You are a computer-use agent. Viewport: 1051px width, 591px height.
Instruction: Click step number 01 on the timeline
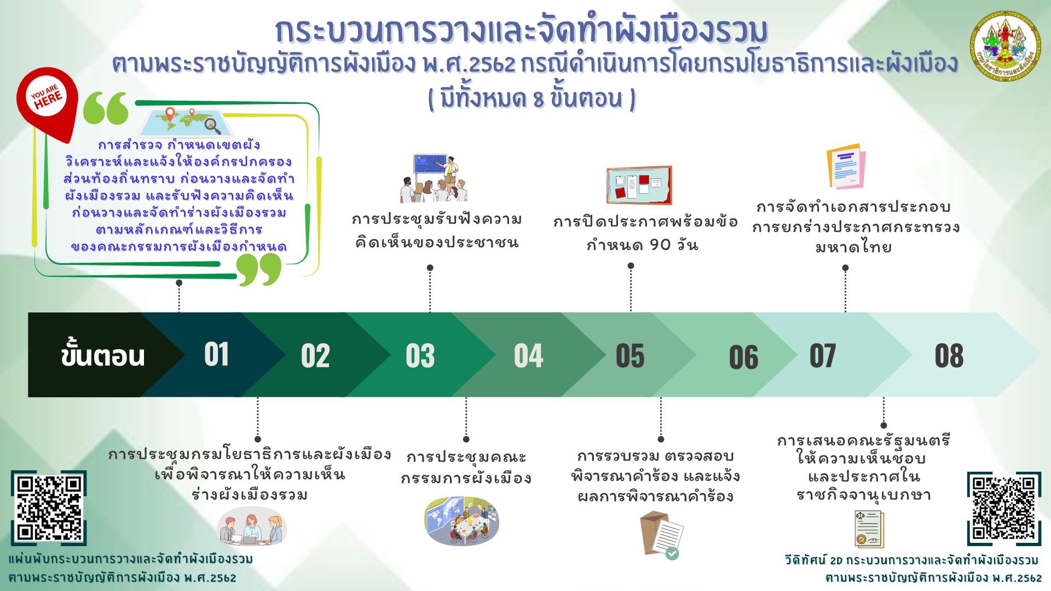tap(216, 354)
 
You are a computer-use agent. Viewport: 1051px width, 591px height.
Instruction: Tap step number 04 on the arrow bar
tap(528, 356)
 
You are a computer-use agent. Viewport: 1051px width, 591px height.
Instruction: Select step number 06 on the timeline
tap(743, 357)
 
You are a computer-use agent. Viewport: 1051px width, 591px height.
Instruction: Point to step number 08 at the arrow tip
tap(949, 356)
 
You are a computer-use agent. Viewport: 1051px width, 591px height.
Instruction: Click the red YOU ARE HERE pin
tap(47, 104)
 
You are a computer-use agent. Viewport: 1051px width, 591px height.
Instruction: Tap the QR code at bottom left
tap(49, 508)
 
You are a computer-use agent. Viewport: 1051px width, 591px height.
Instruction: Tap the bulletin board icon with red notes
tap(639, 185)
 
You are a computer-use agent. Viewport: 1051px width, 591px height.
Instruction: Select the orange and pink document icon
tap(846, 166)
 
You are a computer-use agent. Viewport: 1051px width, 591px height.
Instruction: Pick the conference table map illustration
tap(462, 520)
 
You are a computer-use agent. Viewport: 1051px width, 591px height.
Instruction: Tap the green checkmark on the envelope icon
tap(672, 553)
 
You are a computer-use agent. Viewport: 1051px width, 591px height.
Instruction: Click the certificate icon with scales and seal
tap(869, 529)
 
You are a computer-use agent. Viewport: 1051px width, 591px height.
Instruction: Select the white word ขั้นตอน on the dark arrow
tap(103, 356)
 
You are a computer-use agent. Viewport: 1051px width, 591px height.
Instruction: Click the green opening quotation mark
tap(106, 108)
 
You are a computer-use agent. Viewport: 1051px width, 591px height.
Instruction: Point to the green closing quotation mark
tap(259, 269)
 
